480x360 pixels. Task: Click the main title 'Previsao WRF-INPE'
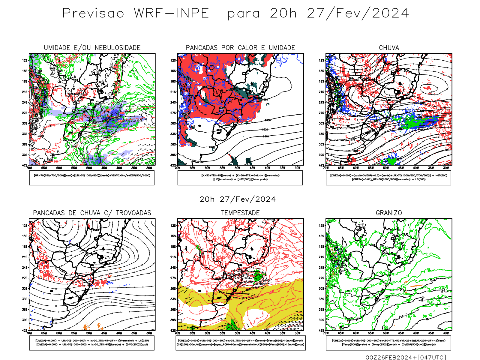point(136,13)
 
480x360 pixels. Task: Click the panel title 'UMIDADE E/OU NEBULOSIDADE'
point(92,48)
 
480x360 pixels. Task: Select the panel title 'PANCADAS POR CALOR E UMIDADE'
point(240,48)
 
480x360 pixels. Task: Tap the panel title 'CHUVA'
point(389,48)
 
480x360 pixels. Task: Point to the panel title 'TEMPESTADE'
point(240,213)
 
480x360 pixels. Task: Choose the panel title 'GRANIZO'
point(389,213)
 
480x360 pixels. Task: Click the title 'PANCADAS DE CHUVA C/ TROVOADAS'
point(92,213)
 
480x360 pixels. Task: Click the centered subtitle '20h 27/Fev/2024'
point(238,199)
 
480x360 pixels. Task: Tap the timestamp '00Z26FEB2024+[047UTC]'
point(406,357)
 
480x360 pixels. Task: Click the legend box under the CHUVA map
point(388,178)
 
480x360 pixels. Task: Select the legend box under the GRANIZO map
point(388,343)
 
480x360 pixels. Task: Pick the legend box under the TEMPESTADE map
point(240,343)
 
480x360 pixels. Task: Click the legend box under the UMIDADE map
point(92,178)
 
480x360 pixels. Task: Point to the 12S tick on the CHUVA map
point(322,60)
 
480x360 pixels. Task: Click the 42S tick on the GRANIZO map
point(322,330)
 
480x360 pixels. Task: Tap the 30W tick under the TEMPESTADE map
point(297,333)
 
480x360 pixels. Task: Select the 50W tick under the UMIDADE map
point(89,168)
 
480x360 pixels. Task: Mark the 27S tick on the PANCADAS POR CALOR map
point(173,113)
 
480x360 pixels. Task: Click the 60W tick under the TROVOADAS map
point(59,333)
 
